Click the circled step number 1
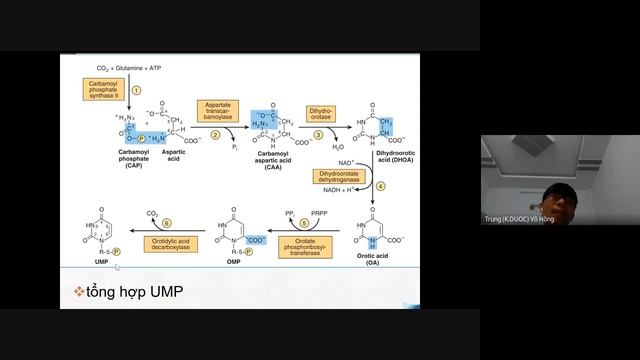137,89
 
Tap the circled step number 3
318,134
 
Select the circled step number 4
380,185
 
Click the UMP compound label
95,258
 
